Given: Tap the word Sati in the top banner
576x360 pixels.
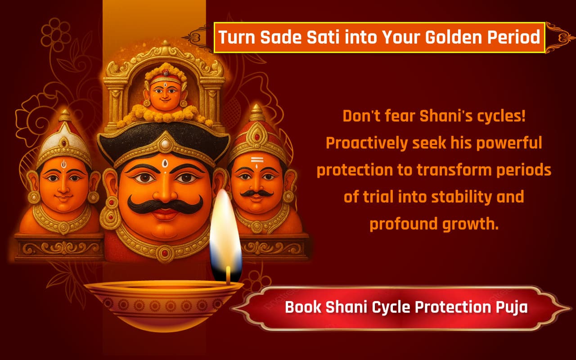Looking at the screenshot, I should tap(324, 37).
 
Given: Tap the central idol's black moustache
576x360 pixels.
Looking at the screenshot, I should tap(165, 205).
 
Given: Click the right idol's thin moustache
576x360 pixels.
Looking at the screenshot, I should tap(256, 193).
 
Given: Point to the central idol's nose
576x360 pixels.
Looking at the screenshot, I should tap(165, 191).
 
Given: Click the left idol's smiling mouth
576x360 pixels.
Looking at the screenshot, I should tap(64, 198).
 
